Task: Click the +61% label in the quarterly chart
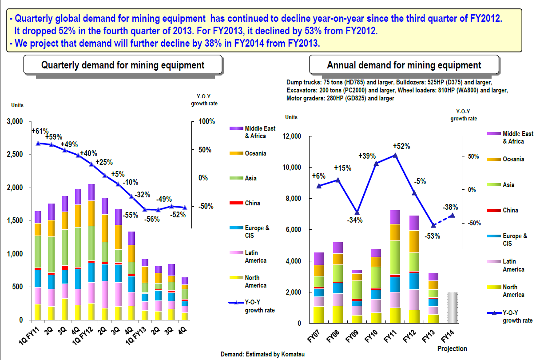40,131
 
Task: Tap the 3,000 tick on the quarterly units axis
16,122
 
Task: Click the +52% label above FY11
401,146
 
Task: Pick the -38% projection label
450,207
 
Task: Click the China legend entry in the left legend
252,203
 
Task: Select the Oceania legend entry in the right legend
513,159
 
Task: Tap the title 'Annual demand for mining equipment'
404,65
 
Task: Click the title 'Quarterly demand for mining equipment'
123,65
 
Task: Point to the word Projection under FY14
452,348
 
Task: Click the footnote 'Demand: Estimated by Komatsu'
263,354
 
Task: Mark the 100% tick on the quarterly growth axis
206,122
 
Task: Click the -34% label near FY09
355,220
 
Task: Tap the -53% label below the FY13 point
432,236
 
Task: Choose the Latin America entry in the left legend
255,257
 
